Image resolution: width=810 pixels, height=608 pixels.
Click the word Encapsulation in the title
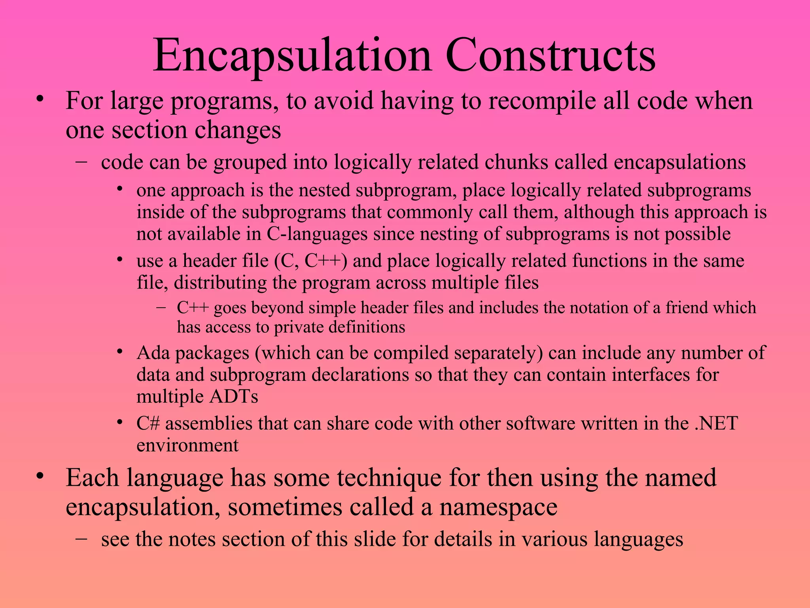(292, 55)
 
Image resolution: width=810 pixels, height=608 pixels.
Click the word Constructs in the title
(551, 55)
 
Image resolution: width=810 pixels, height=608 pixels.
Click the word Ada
(153, 353)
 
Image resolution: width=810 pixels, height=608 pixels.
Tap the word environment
(187, 445)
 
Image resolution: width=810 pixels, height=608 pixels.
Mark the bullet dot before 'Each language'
(39, 476)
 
